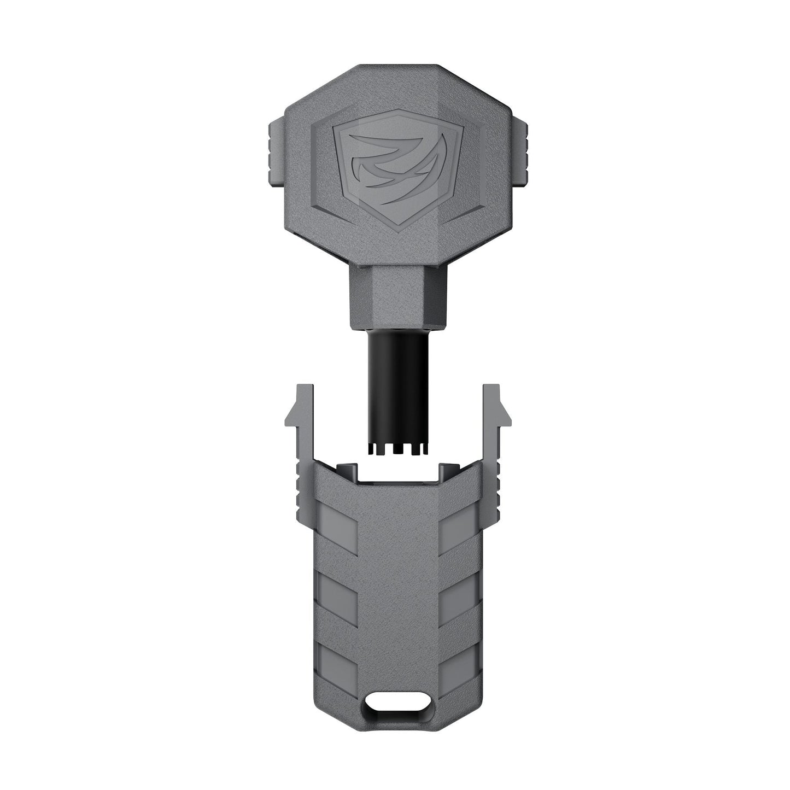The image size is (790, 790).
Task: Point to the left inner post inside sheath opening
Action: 346,469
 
